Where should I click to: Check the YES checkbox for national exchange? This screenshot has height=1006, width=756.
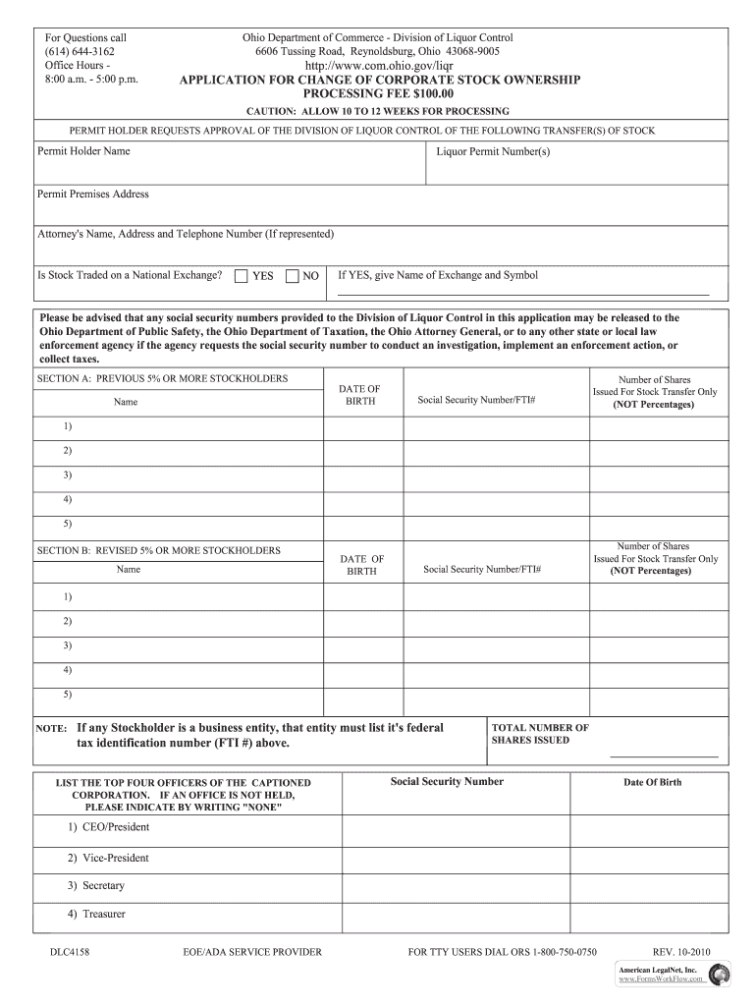(x=242, y=276)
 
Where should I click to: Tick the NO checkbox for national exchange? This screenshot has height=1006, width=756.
(x=292, y=276)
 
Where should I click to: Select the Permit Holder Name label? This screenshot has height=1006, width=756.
(x=83, y=151)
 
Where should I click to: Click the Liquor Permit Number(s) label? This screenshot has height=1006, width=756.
(x=493, y=152)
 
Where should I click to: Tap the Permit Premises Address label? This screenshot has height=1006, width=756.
(x=93, y=195)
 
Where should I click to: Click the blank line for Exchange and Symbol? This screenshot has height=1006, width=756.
(x=523, y=293)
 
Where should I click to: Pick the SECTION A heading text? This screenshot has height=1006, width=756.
(x=163, y=378)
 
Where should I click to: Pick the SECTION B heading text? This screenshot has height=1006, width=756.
(x=159, y=551)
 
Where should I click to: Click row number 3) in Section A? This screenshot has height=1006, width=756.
(x=68, y=475)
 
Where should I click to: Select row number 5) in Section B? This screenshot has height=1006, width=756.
(x=68, y=695)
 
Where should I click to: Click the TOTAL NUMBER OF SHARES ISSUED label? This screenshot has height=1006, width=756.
(x=540, y=734)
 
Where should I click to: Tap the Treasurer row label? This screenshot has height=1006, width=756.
(x=97, y=914)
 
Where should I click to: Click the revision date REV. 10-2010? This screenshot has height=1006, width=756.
(x=681, y=952)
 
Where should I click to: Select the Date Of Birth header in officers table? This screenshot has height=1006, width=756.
(x=653, y=783)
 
